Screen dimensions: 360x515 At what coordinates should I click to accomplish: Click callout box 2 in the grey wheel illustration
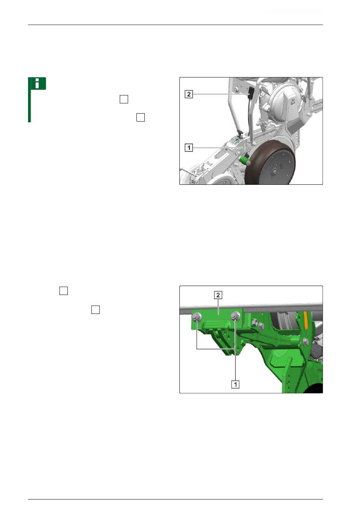189,94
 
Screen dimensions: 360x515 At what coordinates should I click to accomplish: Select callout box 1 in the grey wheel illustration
189,147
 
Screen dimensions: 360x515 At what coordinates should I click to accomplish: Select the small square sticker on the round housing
293,101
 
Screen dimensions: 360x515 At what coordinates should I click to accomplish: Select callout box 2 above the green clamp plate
218,295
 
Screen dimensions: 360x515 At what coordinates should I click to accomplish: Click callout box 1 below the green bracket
235,384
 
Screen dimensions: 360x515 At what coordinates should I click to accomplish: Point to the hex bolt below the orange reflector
306,342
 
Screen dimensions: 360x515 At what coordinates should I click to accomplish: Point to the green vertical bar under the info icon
30,106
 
